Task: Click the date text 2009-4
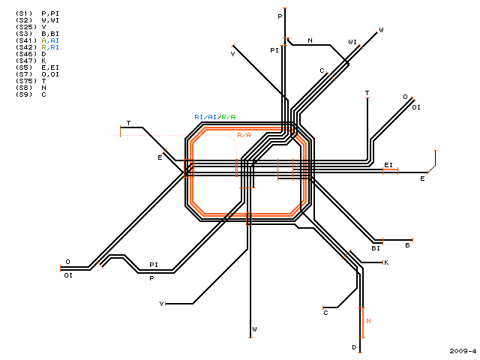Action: pyautogui.click(x=463, y=351)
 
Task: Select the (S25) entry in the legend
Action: pyautogui.click(x=26, y=27)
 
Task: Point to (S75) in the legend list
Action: pyautogui.click(x=26, y=81)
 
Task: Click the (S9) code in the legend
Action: pyautogui.click(x=24, y=94)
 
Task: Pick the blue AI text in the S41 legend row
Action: pyautogui.click(x=55, y=40)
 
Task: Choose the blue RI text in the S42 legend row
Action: pyautogui.click(x=55, y=47)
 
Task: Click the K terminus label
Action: pyautogui.click(x=386, y=262)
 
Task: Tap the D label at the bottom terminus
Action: pyautogui.click(x=354, y=347)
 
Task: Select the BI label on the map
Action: pyautogui.click(x=376, y=248)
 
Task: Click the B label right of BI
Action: pyautogui.click(x=407, y=245)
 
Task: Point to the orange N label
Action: pyautogui.click(x=368, y=321)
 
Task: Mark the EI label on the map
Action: pyautogui.click(x=388, y=165)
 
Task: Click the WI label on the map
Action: pyautogui.click(x=352, y=42)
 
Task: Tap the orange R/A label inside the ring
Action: pyautogui.click(x=244, y=135)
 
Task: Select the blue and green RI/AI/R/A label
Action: pyautogui.click(x=215, y=117)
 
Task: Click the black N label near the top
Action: pyautogui.click(x=310, y=40)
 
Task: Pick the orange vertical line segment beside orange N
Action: pyautogui.click(x=363, y=322)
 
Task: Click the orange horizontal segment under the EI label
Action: pyautogui.click(x=390, y=169)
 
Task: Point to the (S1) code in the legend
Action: pyautogui.click(x=24, y=13)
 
